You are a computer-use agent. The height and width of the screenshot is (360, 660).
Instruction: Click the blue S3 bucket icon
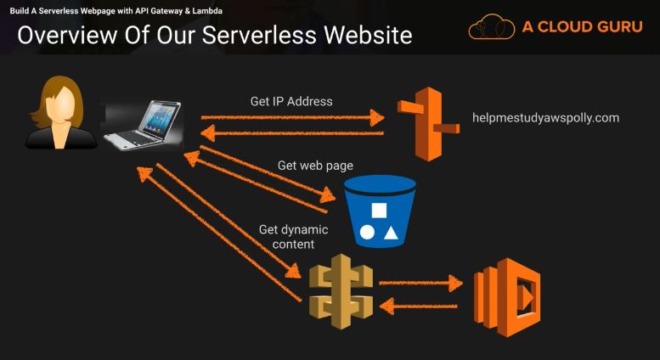(379, 211)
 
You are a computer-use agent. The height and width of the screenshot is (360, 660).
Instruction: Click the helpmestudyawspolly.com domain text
(545, 118)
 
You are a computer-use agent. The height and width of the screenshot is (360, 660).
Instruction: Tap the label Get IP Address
(291, 101)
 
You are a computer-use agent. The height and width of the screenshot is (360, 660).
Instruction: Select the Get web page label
(315, 165)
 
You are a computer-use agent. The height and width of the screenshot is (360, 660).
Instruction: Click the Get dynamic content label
(294, 237)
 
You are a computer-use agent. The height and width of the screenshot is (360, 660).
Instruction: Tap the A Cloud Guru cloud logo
(492, 27)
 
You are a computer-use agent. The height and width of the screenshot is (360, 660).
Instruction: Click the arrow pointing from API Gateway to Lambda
(420, 282)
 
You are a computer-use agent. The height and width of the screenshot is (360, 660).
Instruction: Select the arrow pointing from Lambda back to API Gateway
(420, 303)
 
